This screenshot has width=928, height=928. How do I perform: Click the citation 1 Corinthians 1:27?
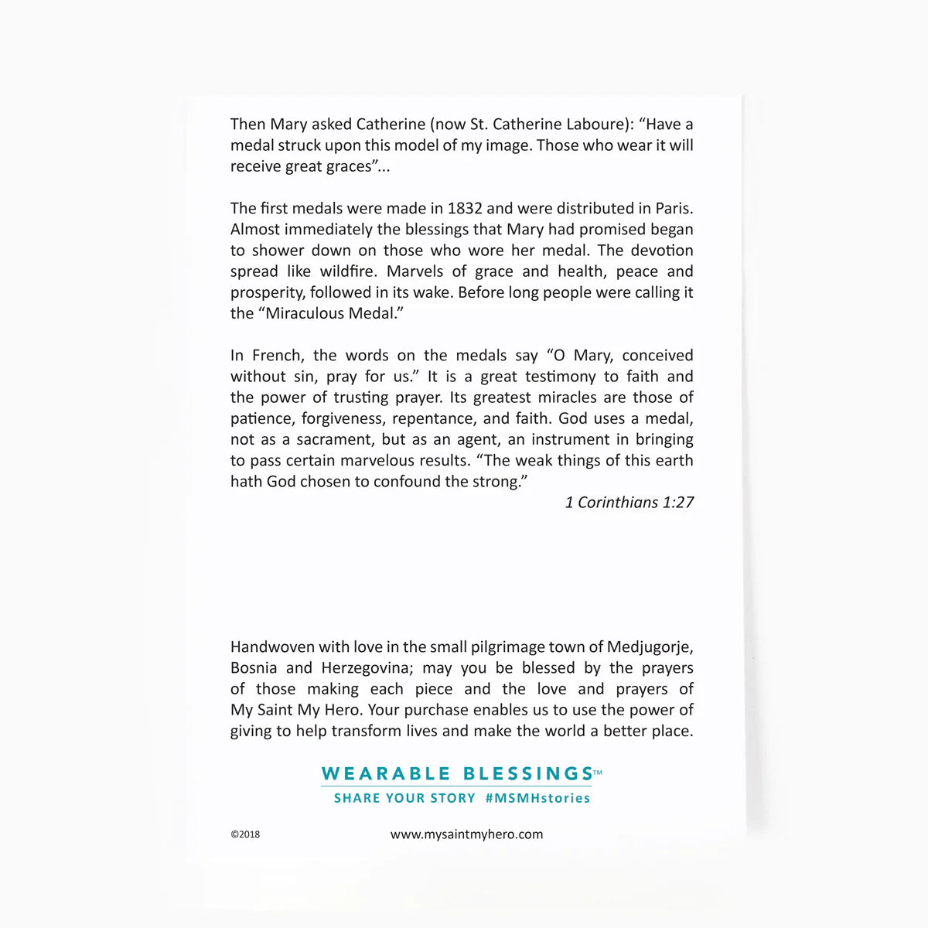pos(629,503)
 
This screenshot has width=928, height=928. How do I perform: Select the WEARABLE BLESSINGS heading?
pos(457,773)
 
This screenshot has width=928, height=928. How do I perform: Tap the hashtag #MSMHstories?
pos(537,798)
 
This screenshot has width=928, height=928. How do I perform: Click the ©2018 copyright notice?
pos(245,834)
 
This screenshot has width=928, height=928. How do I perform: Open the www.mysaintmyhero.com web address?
pos(466,834)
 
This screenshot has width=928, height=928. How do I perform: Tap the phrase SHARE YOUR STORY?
pos(404,798)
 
